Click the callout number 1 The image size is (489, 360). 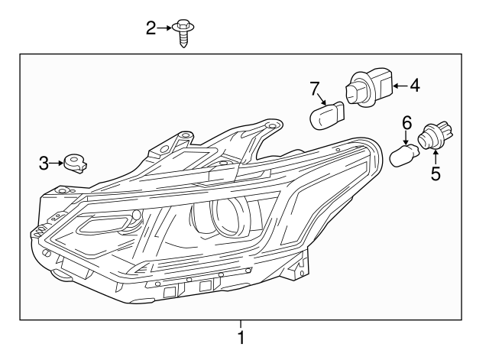click(241, 337)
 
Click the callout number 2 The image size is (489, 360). click(151, 28)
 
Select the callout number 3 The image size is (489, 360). click(44, 163)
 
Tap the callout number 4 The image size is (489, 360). click(414, 86)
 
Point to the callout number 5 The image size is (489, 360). click(436, 174)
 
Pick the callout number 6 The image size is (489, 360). click(406, 122)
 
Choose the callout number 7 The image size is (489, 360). click(314, 89)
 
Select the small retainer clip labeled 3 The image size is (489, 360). click(75, 163)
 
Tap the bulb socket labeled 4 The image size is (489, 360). click(368, 86)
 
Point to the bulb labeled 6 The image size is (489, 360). click(402, 157)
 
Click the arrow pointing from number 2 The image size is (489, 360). click(165, 28)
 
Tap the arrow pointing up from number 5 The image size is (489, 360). click(436, 157)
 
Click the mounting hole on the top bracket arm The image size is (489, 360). click(268, 125)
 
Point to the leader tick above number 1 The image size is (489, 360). click(241, 323)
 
